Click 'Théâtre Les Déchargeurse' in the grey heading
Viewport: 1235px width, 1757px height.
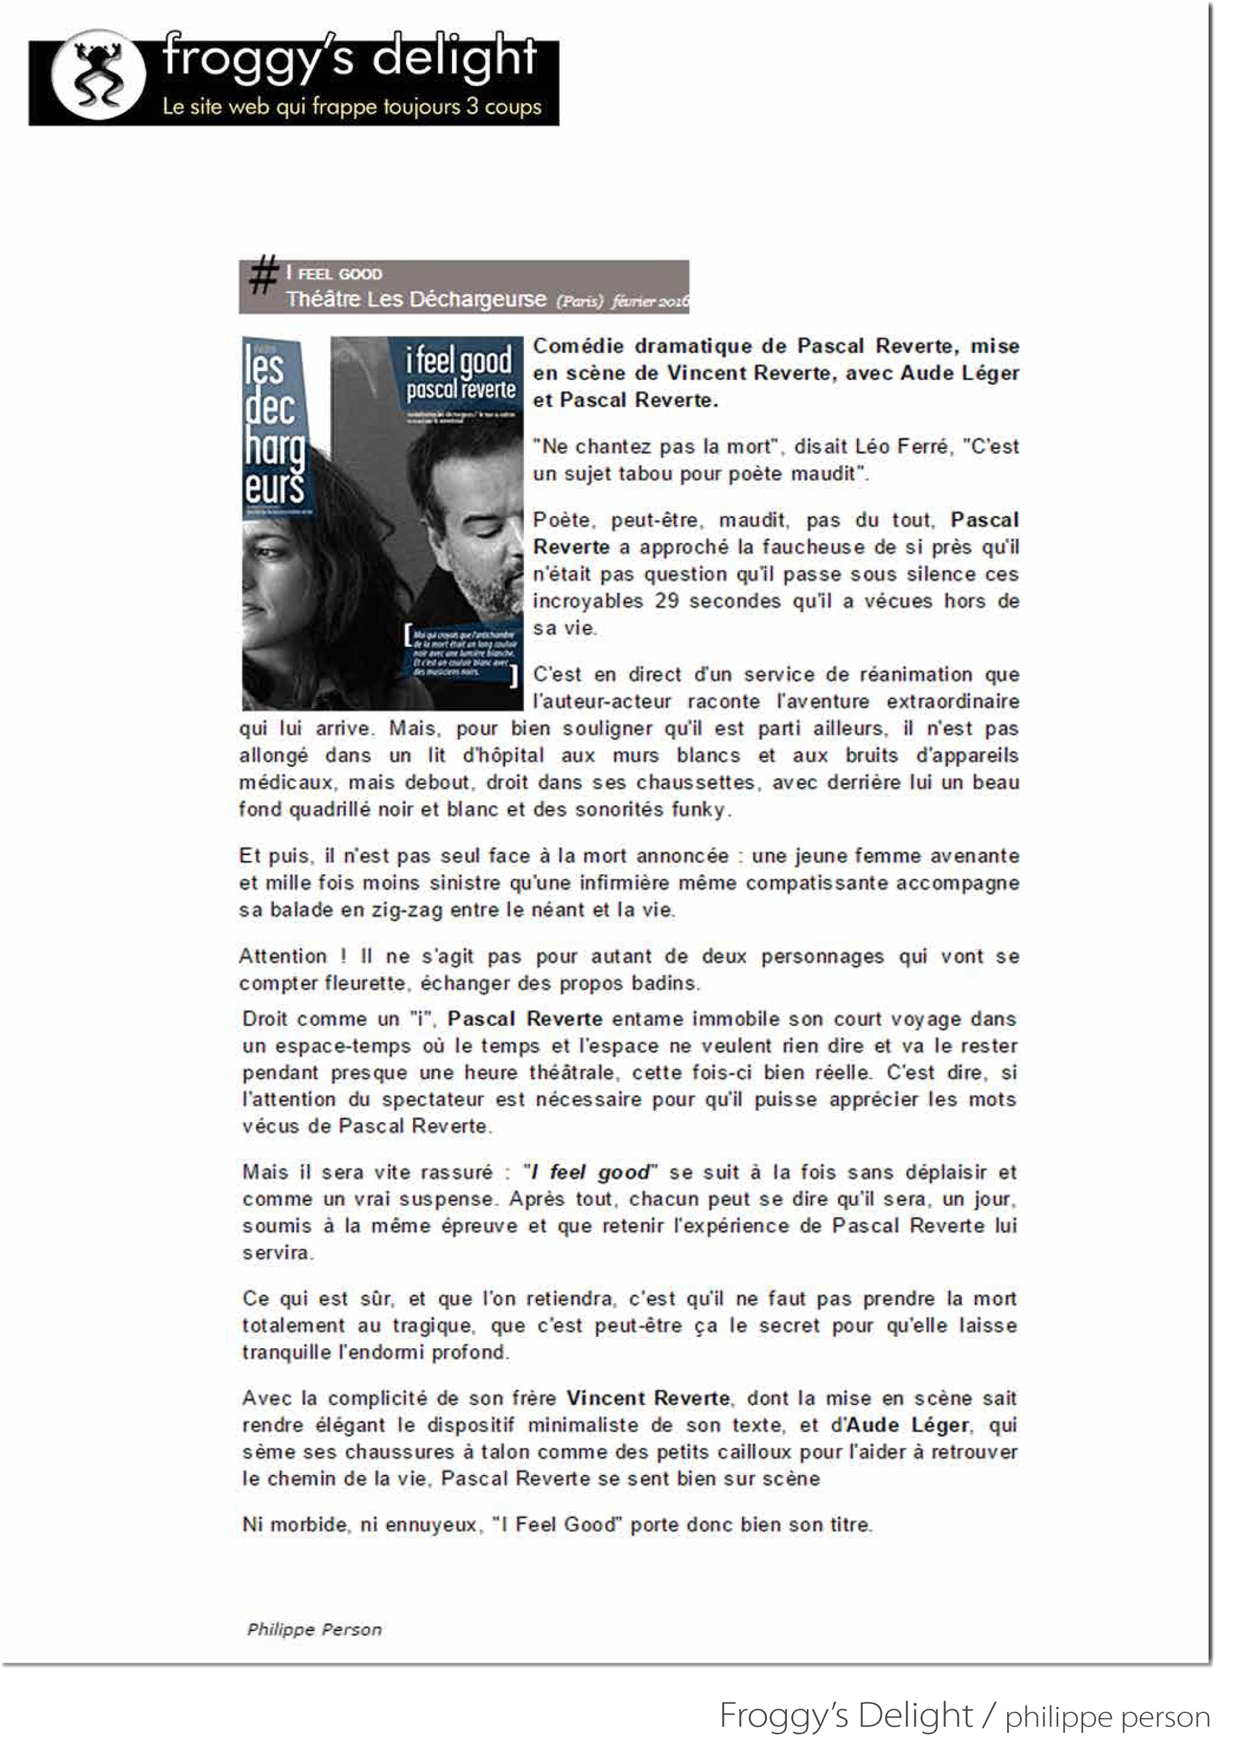416,299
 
